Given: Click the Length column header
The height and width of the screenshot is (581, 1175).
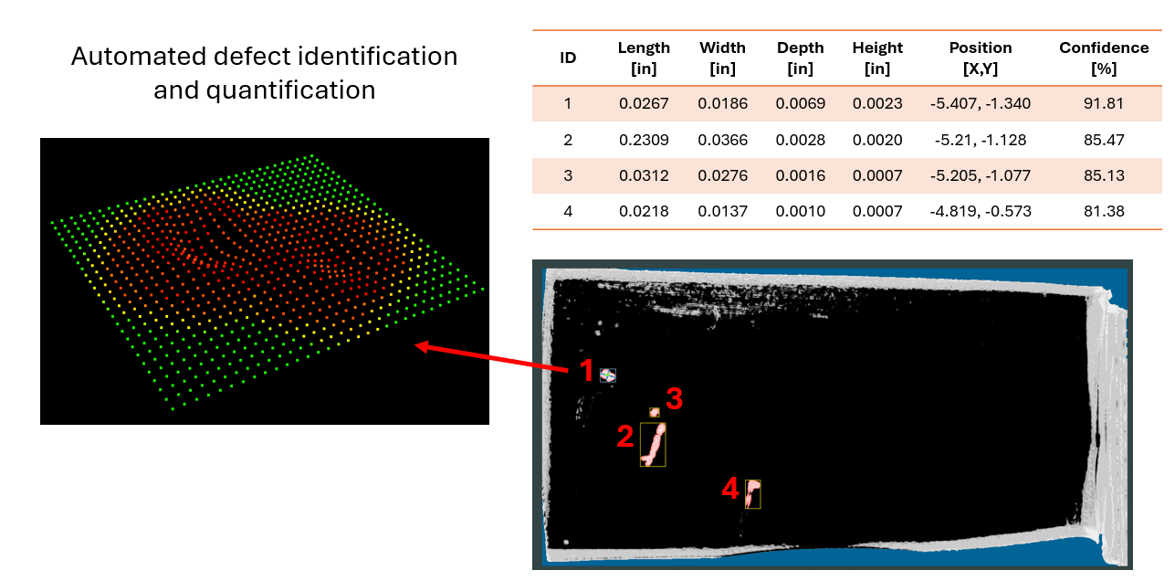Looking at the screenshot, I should pyautogui.click(x=644, y=58).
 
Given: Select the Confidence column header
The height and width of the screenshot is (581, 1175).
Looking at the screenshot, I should pyautogui.click(x=1104, y=58).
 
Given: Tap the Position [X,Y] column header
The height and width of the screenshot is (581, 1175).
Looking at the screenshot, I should pyautogui.click(x=980, y=58).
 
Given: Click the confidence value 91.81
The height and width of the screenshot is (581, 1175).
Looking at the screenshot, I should pyautogui.click(x=1104, y=103).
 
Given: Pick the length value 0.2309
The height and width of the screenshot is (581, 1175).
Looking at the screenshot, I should pyautogui.click(x=644, y=140).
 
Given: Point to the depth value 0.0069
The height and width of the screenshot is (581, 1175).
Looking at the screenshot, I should pyautogui.click(x=800, y=103).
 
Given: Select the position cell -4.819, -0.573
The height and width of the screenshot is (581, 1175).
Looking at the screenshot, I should pyautogui.click(x=981, y=211).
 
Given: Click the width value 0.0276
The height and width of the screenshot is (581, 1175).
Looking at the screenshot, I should pyautogui.click(x=722, y=175).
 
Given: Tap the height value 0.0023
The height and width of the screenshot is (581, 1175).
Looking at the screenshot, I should pyautogui.click(x=877, y=103).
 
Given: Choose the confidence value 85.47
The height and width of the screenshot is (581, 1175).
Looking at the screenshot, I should pyautogui.click(x=1104, y=140).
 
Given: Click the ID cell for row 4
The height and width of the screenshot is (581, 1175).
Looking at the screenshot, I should pyautogui.click(x=567, y=211).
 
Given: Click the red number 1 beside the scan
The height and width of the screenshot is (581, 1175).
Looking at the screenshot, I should pyautogui.click(x=586, y=371).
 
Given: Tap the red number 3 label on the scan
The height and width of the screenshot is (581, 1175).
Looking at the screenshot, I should pyautogui.click(x=674, y=398).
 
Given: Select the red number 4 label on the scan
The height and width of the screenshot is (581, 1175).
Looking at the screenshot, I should pyautogui.click(x=730, y=491).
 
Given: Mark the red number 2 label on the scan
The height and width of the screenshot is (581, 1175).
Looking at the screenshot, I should pyautogui.click(x=624, y=437).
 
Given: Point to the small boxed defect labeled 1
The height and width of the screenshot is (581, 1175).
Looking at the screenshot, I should pyautogui.click(x=607, y=375).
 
